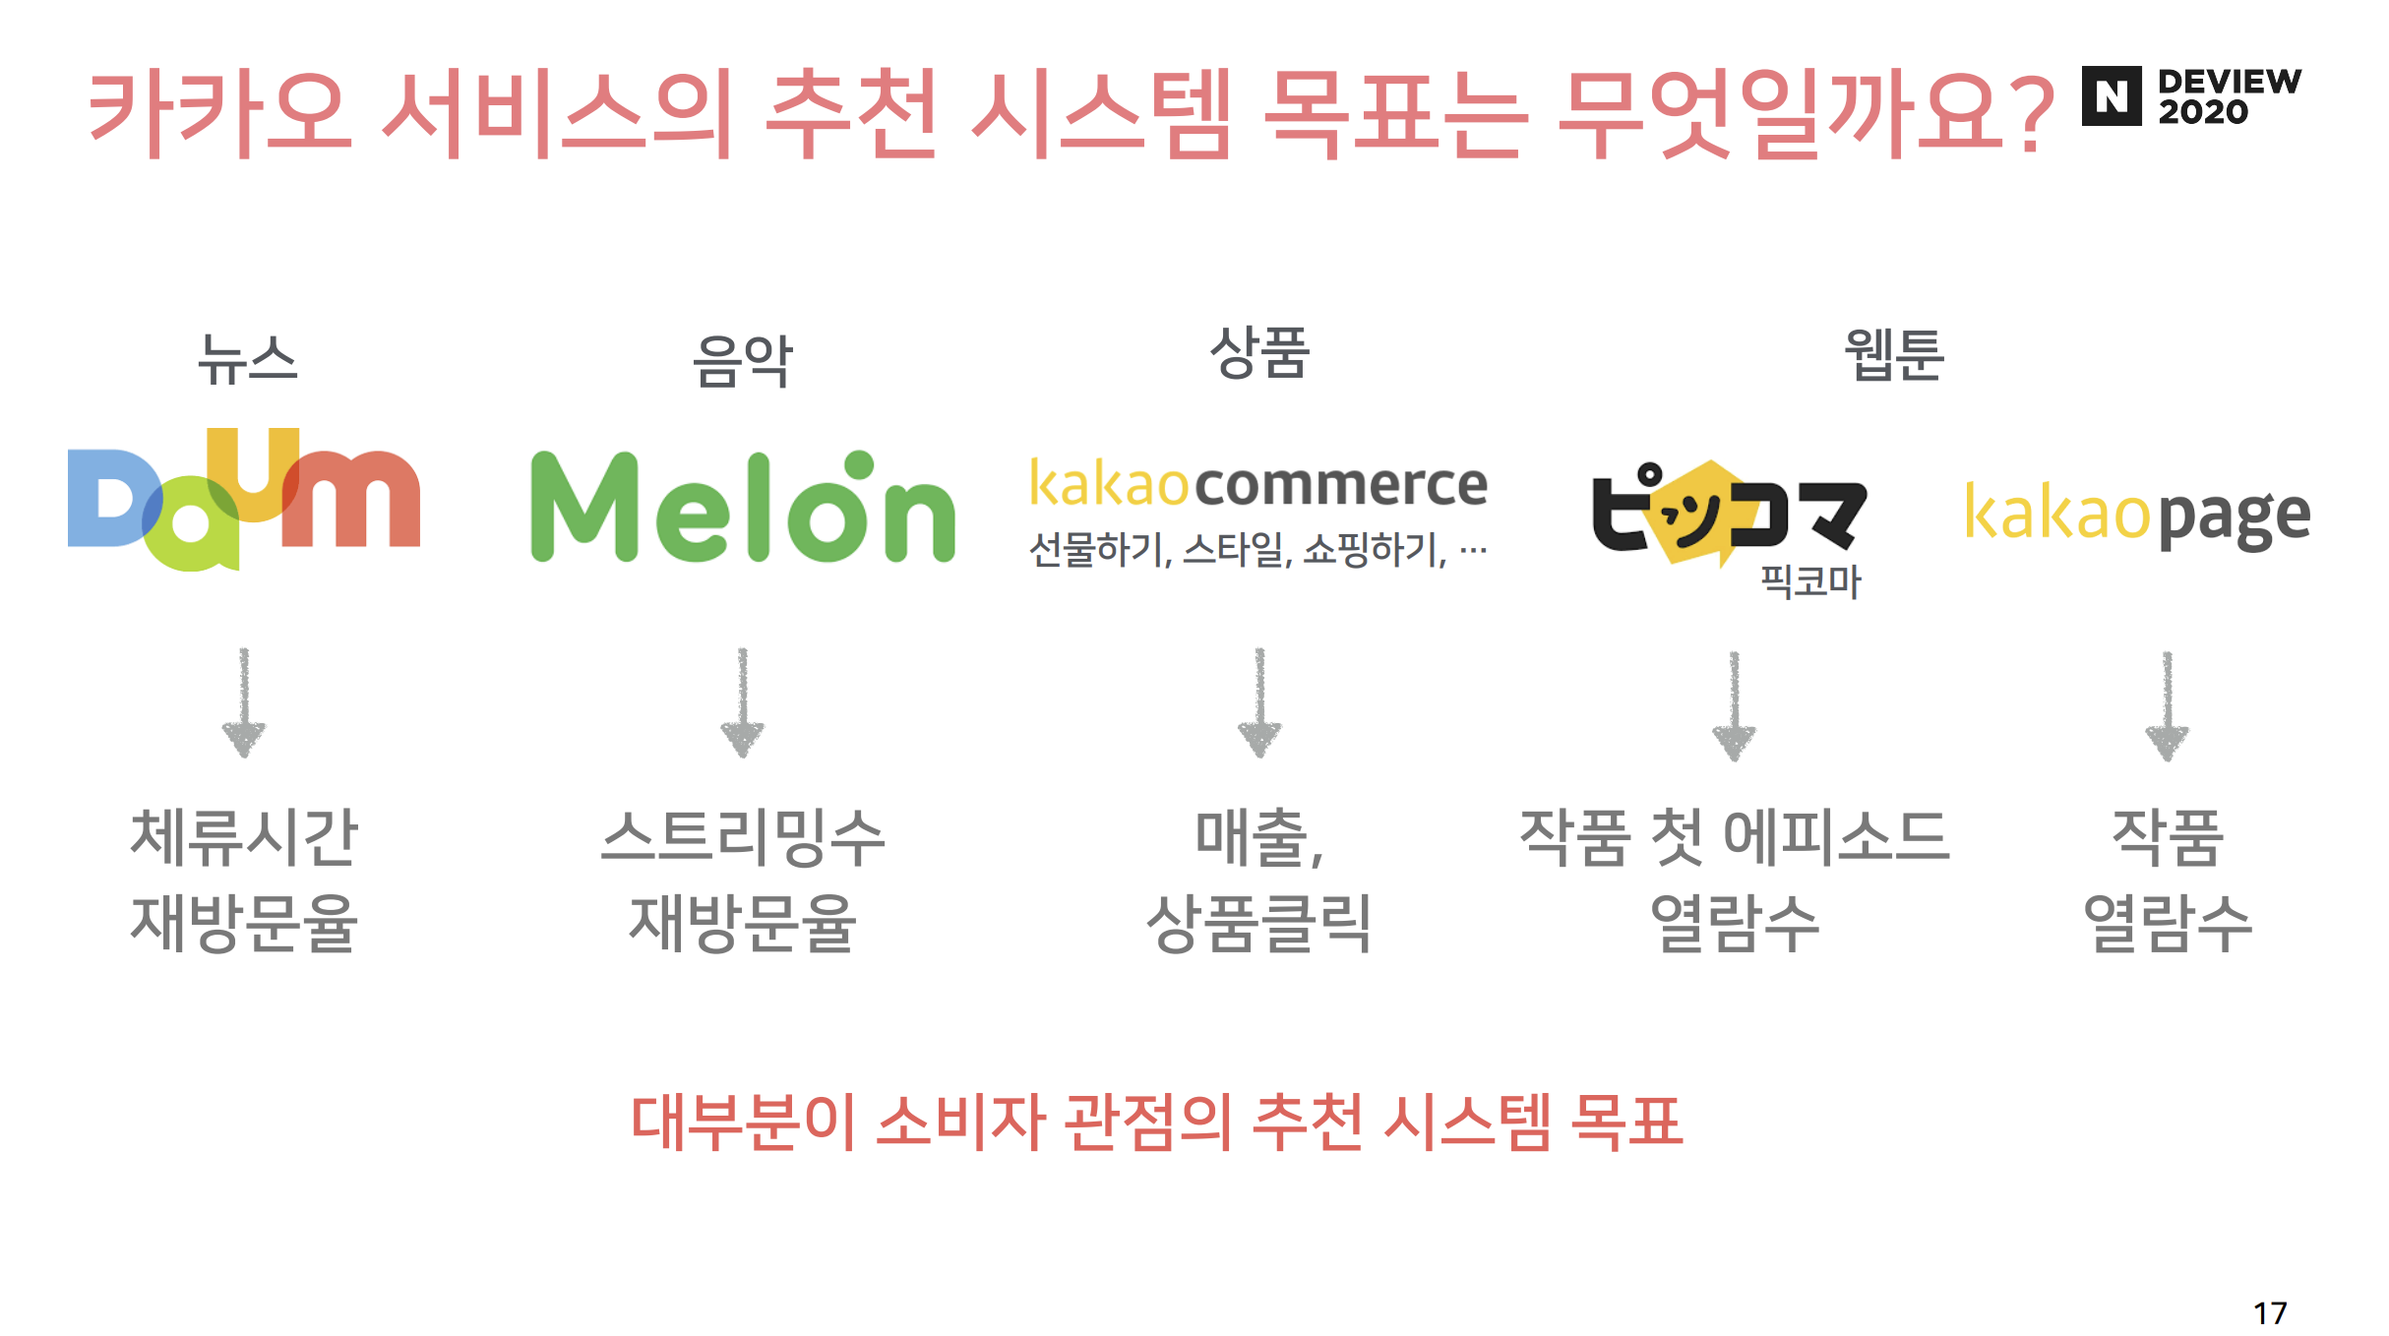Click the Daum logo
(x=244, y=500)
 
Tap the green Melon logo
(x=743, y=508)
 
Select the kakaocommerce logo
(x=1257, y=484)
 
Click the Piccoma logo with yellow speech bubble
(x=1728, y=513)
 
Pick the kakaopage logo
(x=2136, y=515)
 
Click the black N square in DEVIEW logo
(x=2112, y=96)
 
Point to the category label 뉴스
(x=247, y=359)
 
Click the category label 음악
(x=743, y=361)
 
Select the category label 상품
(x=1259, y=352)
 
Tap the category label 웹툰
(x=1894, y=354)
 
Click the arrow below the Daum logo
(x=244, y=703)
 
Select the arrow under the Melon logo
(x=743, y=703)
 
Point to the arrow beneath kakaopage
(x=2167, y=706)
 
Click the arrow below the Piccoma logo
(x=1734, y=706)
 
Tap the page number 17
(x=2270, y=1312)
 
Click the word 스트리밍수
(x=743, y=837)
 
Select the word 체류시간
(x=244, y=837)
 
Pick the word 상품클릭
(x=1259, y=924)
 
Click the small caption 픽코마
(x=1810, y=581)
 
